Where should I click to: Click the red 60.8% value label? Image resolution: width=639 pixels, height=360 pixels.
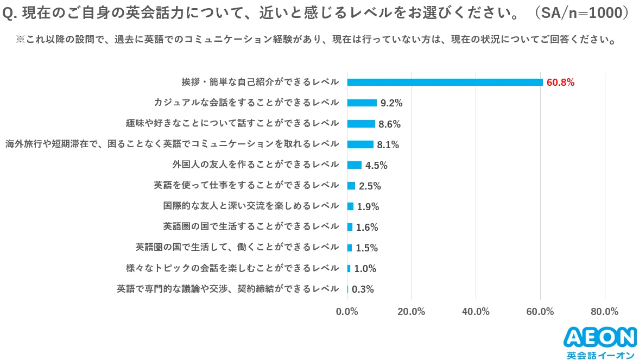point(560,83)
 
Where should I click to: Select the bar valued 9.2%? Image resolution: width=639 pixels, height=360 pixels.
point(362,103)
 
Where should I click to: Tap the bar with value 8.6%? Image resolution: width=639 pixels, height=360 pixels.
point(361,124)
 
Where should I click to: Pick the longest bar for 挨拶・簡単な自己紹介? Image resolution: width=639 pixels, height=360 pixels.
point(445,82)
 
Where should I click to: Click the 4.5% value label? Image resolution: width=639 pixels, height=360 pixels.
point(376,166)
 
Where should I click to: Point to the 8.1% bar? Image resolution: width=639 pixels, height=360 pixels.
point(360,144)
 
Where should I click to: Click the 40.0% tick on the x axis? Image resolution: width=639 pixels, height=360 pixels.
point(476,312)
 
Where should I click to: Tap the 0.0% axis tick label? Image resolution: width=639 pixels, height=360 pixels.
point(347,312)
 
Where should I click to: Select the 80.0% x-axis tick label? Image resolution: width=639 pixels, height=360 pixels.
point(604,312)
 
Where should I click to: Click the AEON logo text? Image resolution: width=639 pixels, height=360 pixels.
point(600,337)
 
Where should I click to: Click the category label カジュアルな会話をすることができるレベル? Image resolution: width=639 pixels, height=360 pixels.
point(246,103)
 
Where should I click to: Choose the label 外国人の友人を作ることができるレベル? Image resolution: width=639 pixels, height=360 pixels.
point(255,165)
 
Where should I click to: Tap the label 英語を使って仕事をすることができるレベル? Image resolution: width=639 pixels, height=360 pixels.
point(246,185)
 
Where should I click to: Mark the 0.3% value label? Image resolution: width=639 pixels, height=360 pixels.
point(363,289)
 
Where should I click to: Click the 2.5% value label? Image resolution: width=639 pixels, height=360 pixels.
point(370,186)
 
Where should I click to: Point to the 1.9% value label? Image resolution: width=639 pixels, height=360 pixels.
point(368,207)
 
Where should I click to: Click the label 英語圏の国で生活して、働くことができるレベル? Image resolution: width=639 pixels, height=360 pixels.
point(237,247)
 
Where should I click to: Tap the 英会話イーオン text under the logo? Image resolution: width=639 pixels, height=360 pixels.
point(600,354)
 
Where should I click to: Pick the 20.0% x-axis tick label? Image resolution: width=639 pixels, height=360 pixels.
point(411,312)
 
